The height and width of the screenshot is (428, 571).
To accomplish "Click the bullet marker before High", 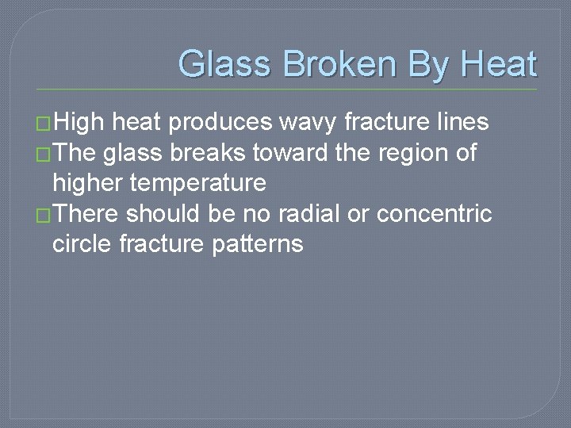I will coord(44,124).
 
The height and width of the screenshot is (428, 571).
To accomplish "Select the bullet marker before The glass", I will coord(44,153).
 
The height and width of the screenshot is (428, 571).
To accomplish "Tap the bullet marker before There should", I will coord(44,215).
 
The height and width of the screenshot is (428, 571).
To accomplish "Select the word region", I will coord(406,153).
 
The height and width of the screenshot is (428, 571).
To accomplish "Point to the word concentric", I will coord(434,213).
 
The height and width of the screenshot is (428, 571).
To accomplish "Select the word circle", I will coord(82,243).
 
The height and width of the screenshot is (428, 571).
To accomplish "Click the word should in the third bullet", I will coord(167,213).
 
